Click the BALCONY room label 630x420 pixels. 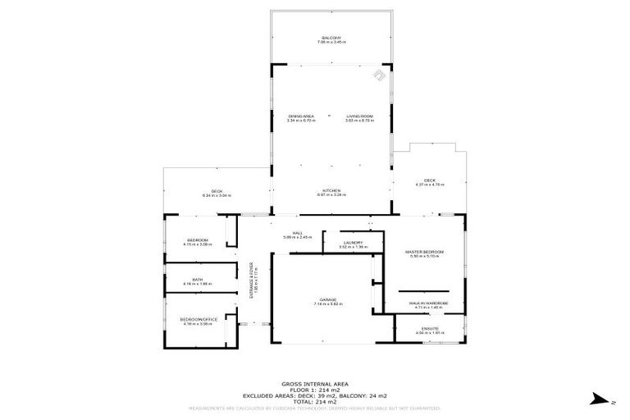coord(332,39)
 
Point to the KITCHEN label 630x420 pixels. coord(331,190)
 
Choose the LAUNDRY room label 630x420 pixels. coord(354,243)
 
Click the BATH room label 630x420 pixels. coord(198,280)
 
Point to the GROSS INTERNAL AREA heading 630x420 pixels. coord(314,383)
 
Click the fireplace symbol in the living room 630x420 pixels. coord(379,76)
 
